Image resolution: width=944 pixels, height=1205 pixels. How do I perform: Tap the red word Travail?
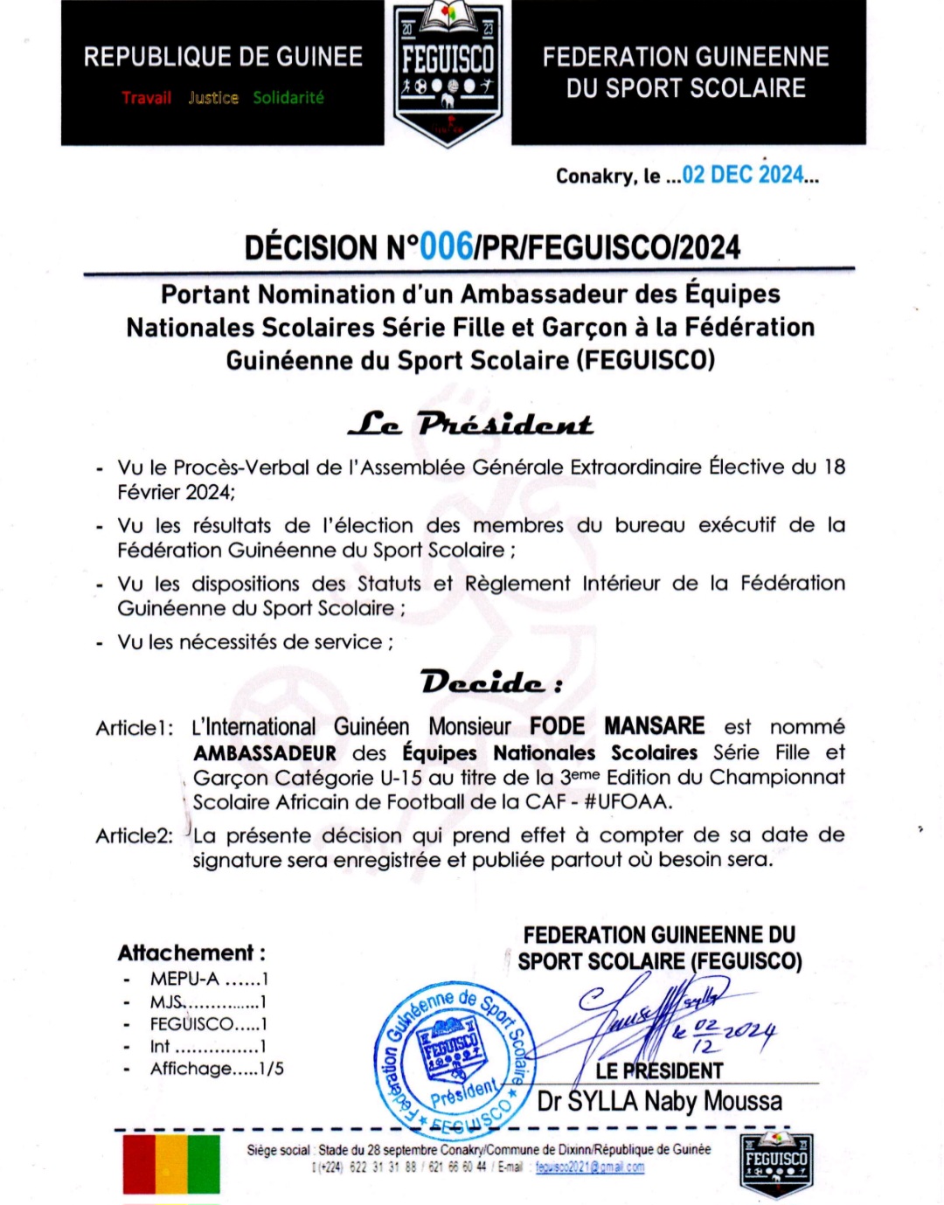pos(146,98)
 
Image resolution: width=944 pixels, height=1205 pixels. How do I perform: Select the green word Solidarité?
pos(288,98)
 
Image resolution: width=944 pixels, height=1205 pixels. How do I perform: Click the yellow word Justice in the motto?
pos(213,98)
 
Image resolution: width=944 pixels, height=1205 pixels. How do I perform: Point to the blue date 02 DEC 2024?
pos(742,175)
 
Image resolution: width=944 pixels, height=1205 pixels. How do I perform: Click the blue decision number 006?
pos(446,247)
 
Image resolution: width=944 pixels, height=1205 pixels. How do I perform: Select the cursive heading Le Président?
pos(470,425)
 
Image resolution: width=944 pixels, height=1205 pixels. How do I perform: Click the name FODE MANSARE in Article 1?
pos(617,726)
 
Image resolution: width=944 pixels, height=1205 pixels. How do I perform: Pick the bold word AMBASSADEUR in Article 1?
pos(265,753)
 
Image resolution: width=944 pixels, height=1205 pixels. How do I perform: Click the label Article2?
pos(135,835)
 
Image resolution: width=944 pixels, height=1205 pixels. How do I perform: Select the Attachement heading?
pos(191,952)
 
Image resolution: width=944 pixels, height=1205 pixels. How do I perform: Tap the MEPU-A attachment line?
pos(208,979)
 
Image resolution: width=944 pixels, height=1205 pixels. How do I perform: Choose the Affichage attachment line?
pos(216,1068)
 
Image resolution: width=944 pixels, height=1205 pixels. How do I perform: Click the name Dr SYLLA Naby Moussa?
pos(660,1101)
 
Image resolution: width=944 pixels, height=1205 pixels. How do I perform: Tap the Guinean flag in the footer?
pos(171,1164)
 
